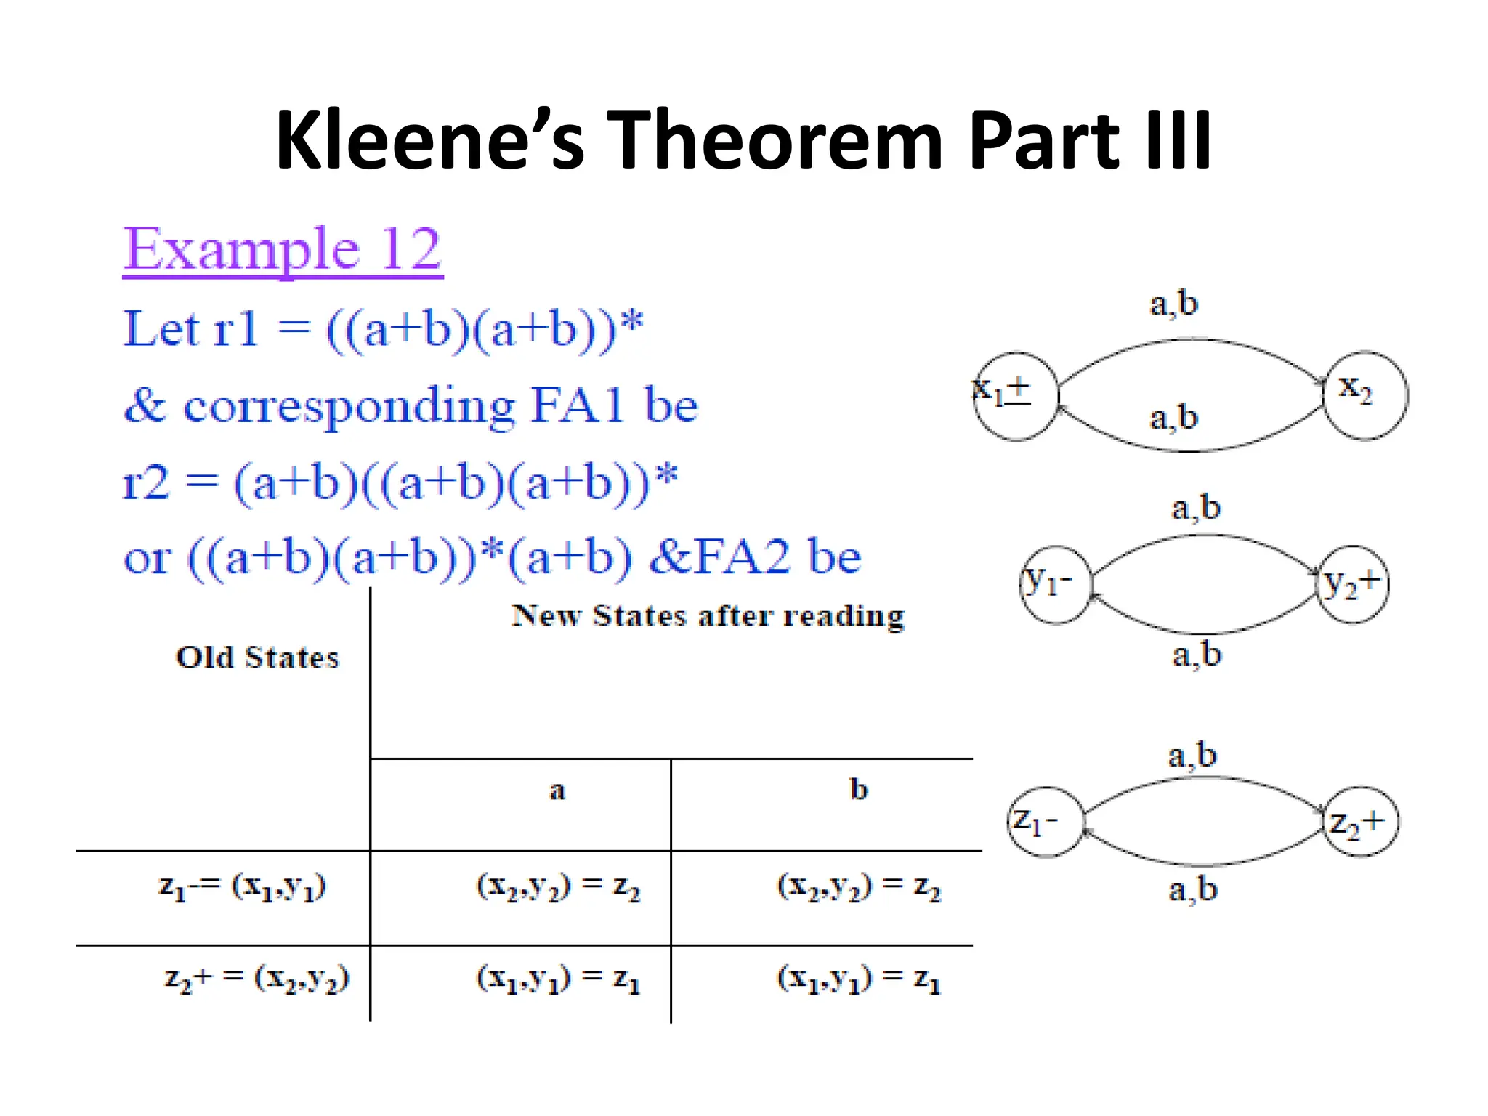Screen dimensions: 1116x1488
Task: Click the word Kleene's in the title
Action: [x=429, y=139]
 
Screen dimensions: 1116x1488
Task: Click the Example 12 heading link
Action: [x=283, y=249]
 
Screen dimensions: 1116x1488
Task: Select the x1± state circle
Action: [x=1015, y=396]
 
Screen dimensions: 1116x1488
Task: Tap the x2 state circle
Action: [x=1364, y=395]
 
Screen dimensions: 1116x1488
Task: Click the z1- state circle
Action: [x=1045, y=822]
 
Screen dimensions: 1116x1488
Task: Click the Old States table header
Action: [x=257, y=658]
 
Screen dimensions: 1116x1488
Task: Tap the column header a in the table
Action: [x=557, y=790]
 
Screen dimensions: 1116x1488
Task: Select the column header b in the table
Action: [x=859, y=789]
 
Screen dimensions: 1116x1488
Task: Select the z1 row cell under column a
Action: [x=557, y=886]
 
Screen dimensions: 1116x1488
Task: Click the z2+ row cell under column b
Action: [x=858, y=979]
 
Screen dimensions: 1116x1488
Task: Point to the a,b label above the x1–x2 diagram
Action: [x=1173, y=303]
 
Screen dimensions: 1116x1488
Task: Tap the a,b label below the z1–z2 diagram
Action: [x=1192, y=889]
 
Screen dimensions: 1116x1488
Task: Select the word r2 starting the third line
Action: [x=147, y=482]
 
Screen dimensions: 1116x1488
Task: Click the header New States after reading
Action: [x=708, y=616]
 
